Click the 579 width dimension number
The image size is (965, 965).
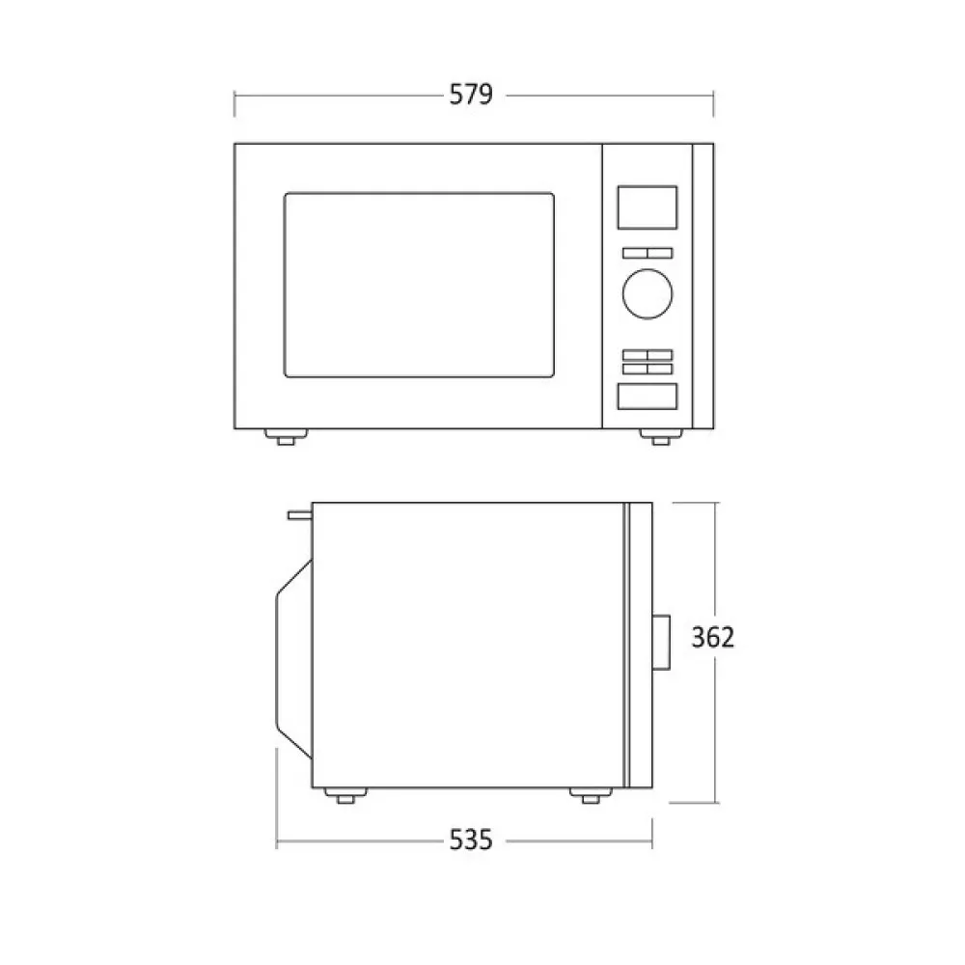471,95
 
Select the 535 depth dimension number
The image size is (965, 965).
471,841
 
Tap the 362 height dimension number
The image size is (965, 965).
714,637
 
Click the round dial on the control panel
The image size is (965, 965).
647,292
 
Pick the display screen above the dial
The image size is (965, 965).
647,207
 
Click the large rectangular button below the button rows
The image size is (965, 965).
647,396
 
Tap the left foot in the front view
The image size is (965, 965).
286,438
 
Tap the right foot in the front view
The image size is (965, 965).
659,438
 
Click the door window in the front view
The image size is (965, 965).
419,285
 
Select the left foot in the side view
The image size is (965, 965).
343,796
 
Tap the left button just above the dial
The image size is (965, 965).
633,253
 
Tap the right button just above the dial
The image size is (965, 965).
660,253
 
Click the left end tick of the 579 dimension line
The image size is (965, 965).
234,96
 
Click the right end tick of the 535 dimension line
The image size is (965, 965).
652,841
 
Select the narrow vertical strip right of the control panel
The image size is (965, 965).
703,286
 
